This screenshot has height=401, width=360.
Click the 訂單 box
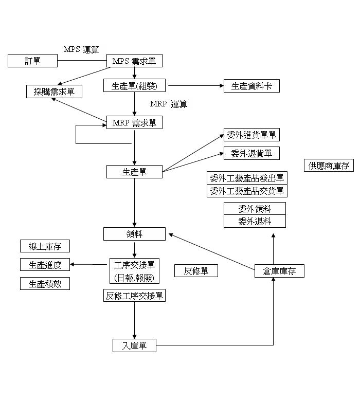32,61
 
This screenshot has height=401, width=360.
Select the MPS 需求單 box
134,61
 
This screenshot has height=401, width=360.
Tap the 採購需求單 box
54,92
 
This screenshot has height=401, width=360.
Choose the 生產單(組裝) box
134,86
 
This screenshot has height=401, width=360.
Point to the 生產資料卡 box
251,86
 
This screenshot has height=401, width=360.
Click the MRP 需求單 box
134,123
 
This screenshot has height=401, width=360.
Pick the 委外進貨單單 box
251,135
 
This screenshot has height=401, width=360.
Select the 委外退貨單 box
251,153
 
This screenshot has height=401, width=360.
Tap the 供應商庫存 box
329,166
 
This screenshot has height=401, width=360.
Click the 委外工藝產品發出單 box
247,178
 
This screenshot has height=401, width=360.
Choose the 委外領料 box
255,209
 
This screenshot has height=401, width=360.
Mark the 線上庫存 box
45,246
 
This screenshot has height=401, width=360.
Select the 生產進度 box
45,265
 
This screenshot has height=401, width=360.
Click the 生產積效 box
45,283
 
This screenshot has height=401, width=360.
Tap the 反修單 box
196,271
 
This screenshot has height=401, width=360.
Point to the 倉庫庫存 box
279,271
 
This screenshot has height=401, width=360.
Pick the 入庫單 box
134,346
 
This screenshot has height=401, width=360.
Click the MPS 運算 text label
81,49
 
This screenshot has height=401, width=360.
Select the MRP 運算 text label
169,104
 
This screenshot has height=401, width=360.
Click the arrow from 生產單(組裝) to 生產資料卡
195,86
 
